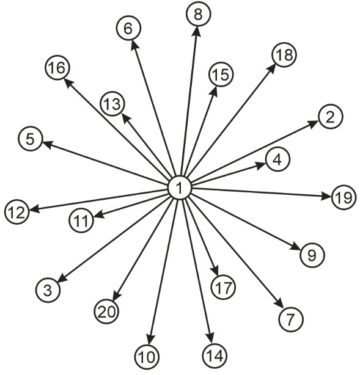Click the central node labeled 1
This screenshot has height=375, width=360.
(180, 188)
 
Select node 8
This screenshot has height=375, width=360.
(198, 14)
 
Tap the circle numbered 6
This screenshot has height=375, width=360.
(128, 29)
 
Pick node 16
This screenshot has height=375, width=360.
(57, 68)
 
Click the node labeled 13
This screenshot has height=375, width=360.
(112, 104)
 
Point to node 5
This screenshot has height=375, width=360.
(31, 139)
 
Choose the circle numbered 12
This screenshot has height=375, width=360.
(17, 212)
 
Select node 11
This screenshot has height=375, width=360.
(81, 220)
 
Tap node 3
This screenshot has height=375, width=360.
(48, 290)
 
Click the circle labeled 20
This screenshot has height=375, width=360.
(106, 311)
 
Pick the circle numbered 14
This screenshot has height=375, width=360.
(215, 355)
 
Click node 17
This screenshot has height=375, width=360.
(224, 287)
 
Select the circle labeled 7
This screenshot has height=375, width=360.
(291, 319)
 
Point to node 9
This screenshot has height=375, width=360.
(312, 255)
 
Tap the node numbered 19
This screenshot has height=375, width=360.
(344, 197)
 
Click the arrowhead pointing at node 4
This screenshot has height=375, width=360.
(260, 166)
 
